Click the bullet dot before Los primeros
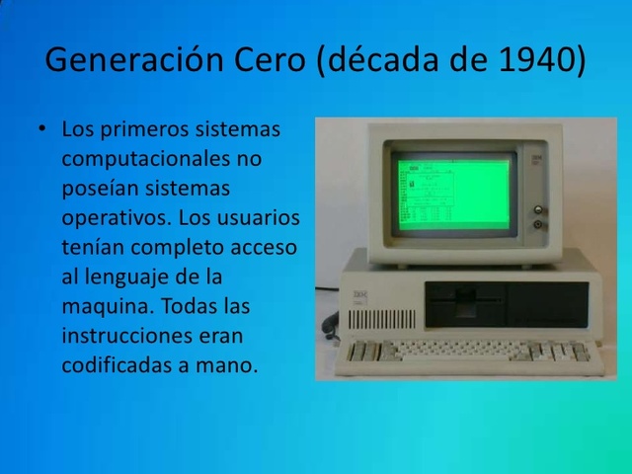point(42,129)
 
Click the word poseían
point(97,188)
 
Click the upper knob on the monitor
point(539,210)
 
